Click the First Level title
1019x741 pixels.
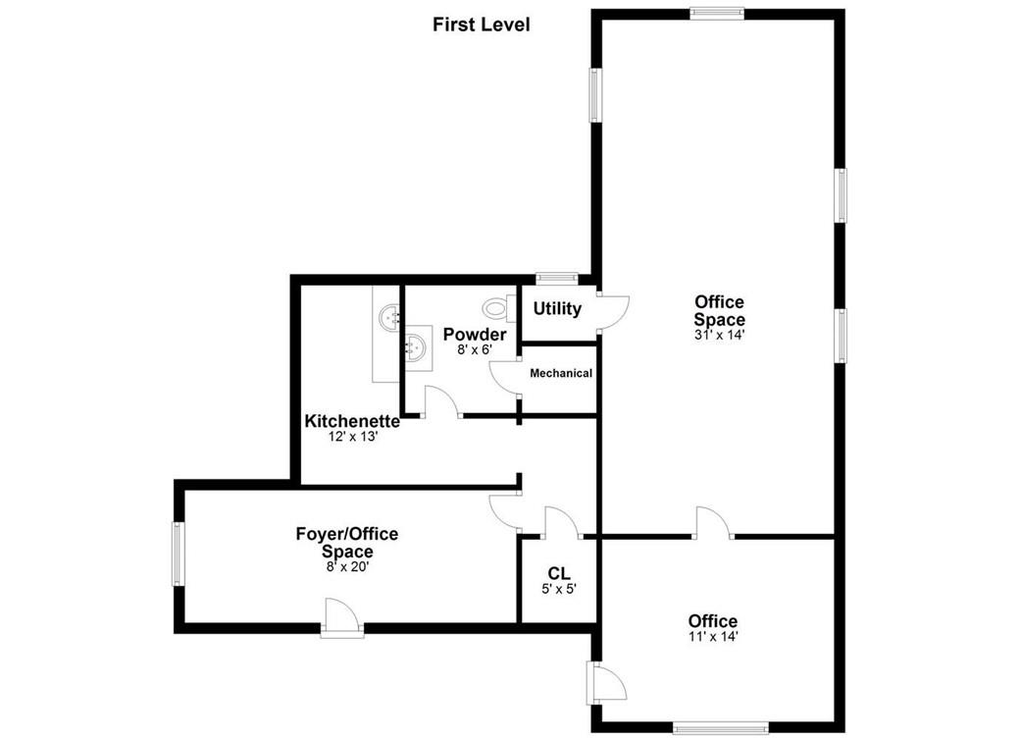pyautogui.click(x=481, y=25)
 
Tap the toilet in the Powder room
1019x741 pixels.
pyautogui.click(x=500, y=309)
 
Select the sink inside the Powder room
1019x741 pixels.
pyautogui.click(x=417, y=346)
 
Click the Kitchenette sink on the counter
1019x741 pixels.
pyautogui.click(x=390, y=317)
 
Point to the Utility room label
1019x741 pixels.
pyautogui.click(x=557, y=308)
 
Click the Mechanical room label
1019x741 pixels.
pyautogui.click(x=561, y=373)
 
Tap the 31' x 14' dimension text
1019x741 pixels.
pyautogui.click(x=719, y=335)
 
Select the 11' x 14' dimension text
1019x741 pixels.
pyautogui.click(x=712, y=636)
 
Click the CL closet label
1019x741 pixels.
pyautogui.click(x=559, y=573)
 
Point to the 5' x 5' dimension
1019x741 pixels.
pyautogui.click(x=559, y=589)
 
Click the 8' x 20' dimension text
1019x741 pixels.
pyautogui.click(x=346, y=566)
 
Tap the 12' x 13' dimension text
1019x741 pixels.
pyautogui.click(x=352, y=437)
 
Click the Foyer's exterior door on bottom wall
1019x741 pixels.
pyautogui.click(x=342, y=618)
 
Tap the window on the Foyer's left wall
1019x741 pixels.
pyautogui.click(x=178, y=555)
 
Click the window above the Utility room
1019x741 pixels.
pyautogui.click(x=556, y=277)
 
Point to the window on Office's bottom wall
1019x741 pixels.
pyautogui.click(x=720, y=727)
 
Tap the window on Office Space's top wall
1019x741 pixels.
pyautogui.click(x=716, y=13)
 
